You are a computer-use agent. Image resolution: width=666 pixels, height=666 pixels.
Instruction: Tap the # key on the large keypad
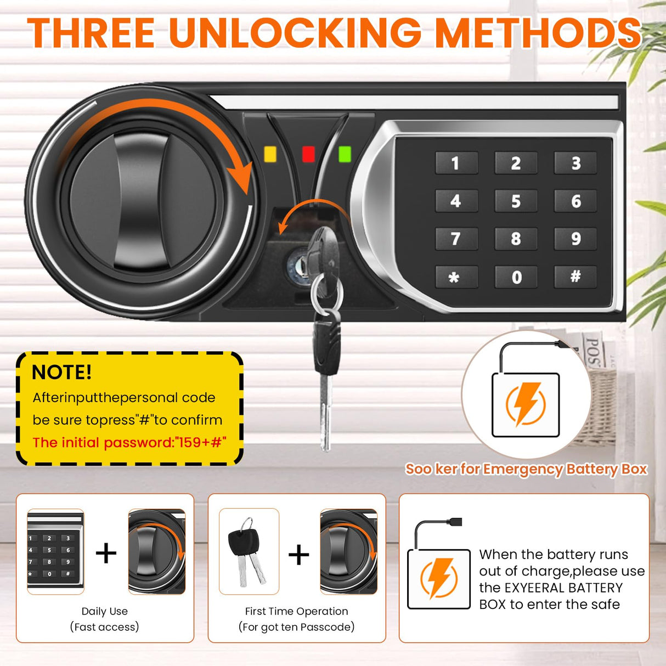coord(575,276)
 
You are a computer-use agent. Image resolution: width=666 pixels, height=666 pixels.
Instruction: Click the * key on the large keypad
coord(456,276)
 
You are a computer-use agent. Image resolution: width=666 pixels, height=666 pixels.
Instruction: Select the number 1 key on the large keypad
coord(456,162)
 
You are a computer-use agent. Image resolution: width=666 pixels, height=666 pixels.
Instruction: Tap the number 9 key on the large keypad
coord(575,239)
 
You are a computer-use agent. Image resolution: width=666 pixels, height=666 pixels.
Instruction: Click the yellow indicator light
coord(270,154)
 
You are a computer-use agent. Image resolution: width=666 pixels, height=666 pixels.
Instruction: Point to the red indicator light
coord(308,154)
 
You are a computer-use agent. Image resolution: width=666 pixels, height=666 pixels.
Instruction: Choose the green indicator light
coord(345,154)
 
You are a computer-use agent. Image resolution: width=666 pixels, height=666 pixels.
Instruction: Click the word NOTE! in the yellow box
coord(61,372)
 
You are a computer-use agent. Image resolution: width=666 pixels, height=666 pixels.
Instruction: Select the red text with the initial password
coord(129,442)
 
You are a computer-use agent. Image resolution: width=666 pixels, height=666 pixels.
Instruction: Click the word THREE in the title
coord(91,32)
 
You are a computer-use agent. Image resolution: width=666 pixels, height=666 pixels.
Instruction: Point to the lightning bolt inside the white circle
coord(526,404)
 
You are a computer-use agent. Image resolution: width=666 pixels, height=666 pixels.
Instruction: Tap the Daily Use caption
coord(105,611)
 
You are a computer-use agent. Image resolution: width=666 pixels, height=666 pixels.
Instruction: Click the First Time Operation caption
coord(297,611)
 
